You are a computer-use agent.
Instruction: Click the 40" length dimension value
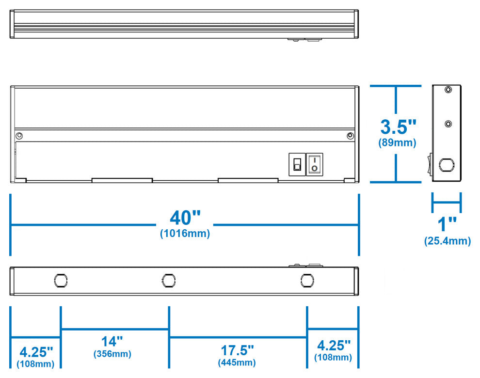[184, 217]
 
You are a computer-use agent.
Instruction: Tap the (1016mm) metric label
[185, 234]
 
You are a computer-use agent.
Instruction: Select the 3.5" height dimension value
[398, 127]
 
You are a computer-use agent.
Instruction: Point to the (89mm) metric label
[397, 143]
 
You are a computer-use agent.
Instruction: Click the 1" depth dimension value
[447, 224]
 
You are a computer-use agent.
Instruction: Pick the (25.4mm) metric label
[447, 241]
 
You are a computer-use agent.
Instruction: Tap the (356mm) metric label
[112, 354]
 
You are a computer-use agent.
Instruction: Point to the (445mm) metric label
[237, 362]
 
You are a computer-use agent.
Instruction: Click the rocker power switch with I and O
[315, 164]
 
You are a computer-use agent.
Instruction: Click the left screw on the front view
[19, 135]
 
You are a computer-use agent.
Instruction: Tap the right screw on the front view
[350, 136]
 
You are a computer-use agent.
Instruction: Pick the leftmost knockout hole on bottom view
[61, 280]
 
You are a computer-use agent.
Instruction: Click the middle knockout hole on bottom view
[169, 280]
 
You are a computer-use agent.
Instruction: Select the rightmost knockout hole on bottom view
[306, 280]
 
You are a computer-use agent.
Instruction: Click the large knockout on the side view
[446, 165]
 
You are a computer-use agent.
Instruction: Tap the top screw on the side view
[448, 90]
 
